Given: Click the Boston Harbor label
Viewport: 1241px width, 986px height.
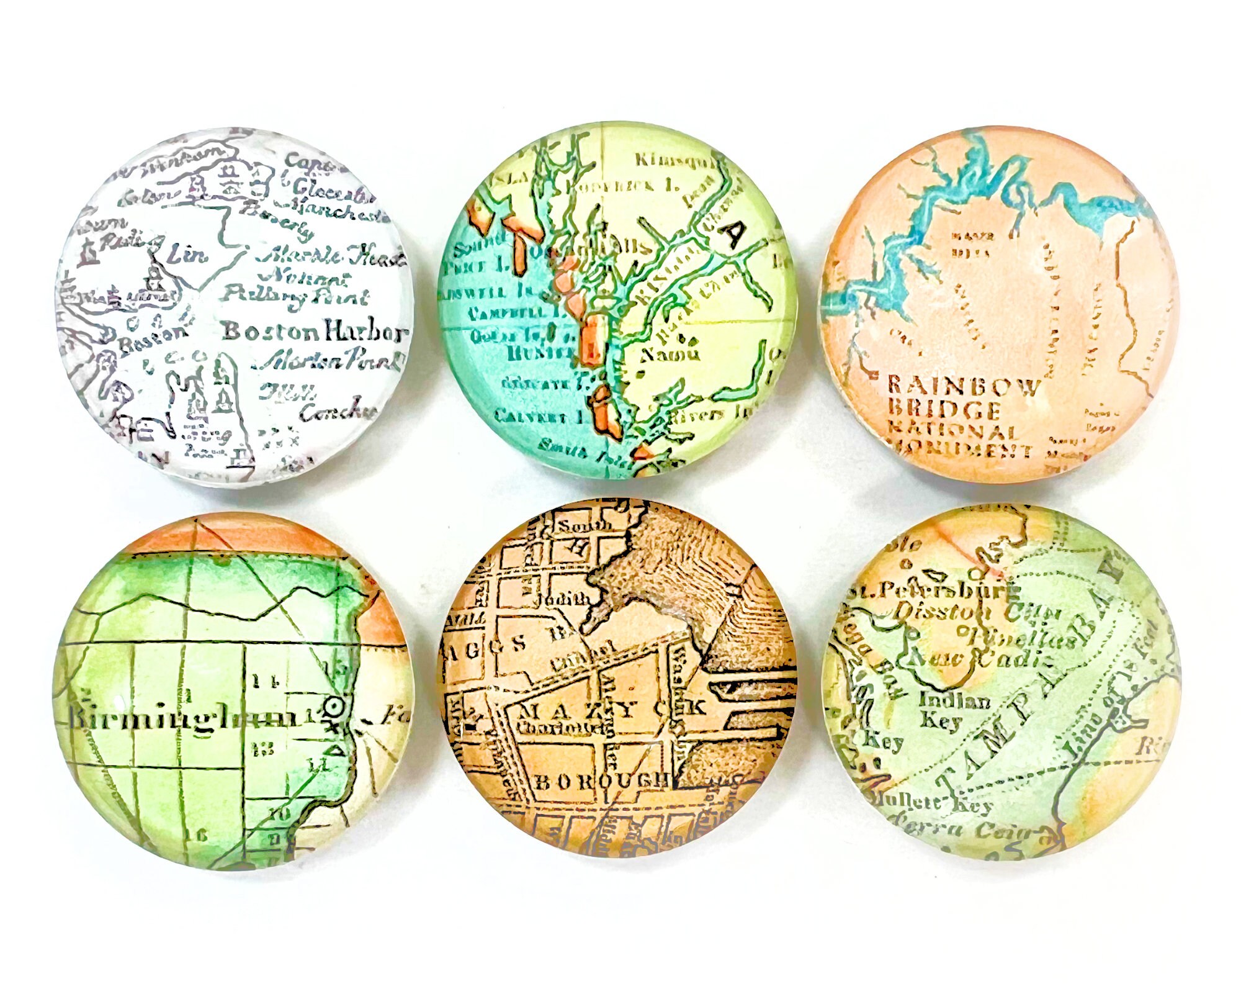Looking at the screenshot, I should tap(313, 332).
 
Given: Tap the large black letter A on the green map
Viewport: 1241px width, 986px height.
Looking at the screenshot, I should tap(735, 234).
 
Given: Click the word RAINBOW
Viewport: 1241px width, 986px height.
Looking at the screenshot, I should tap(964, 386).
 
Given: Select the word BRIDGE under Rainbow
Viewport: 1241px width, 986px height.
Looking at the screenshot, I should tap(944, 409).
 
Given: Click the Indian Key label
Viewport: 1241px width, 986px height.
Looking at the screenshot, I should tap(954, 710).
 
